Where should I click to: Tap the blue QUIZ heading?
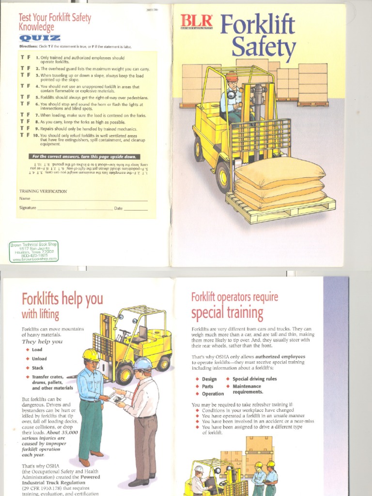pyautogui.click(x=40, y=38)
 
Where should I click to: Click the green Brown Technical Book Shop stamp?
pyautogui.click(x=34, y=252)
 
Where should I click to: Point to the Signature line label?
pyautogui.click(x=28, y=208)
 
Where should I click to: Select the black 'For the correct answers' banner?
pyautogui.click(x=85, y=156)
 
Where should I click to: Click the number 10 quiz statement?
pyautogui.click(x=87, y=139)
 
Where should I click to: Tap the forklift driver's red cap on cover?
pyautogui.click(x=232, y=77)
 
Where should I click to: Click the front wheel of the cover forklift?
pyautogui.click(x=223, y=177)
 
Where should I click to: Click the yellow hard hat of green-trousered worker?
pyautogui.click(x=90, y=355)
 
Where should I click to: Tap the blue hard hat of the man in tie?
pyautogui.click(x=142, y=363)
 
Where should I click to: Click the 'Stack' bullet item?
pyautogui.click(x=37, y=368)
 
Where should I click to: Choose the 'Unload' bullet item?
pyautogui.click(x=39, y=358)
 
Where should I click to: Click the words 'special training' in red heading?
pyautogui.click(x=227, y=313)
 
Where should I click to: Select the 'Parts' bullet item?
pyautogui.click(x=207, y=387)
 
